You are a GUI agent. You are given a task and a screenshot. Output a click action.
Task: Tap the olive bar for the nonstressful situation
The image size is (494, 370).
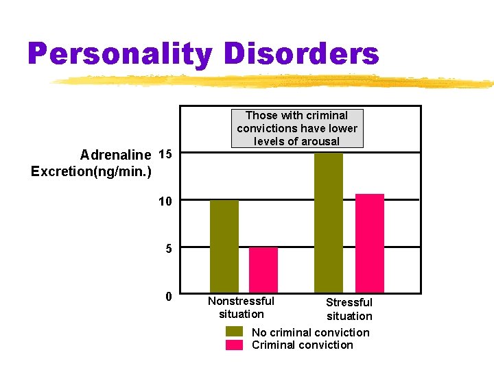pos(224,246)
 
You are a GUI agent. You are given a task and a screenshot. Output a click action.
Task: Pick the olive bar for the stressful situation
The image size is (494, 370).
pos(329,222)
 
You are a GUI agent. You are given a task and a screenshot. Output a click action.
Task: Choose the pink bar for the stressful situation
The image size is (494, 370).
pos(370,243)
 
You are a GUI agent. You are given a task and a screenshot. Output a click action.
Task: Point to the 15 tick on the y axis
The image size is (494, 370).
pos(165,154)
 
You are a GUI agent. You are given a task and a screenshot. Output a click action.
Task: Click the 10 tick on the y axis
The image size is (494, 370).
pos(165,201)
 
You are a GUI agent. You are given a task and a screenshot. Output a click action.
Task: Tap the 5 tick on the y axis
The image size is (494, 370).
pos(168,249)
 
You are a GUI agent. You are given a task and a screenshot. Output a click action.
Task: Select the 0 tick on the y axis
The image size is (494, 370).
pos(168,296)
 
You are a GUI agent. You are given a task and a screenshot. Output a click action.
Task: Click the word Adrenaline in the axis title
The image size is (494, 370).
pos(116,155)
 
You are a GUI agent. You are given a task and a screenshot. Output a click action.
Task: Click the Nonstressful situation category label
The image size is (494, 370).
pos(241,308)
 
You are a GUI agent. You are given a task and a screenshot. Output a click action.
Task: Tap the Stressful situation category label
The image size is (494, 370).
pos(349,309)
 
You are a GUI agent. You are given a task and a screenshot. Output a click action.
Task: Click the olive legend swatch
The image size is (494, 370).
pos(235,332)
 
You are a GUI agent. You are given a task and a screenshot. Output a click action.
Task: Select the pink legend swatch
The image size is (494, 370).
pos(235,345)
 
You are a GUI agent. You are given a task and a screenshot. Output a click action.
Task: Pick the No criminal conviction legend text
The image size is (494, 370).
pos(310,332)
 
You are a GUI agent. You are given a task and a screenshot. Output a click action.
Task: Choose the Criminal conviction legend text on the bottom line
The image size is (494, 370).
pos(302,345)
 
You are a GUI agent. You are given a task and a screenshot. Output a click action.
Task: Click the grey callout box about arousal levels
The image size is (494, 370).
pos(297,128)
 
